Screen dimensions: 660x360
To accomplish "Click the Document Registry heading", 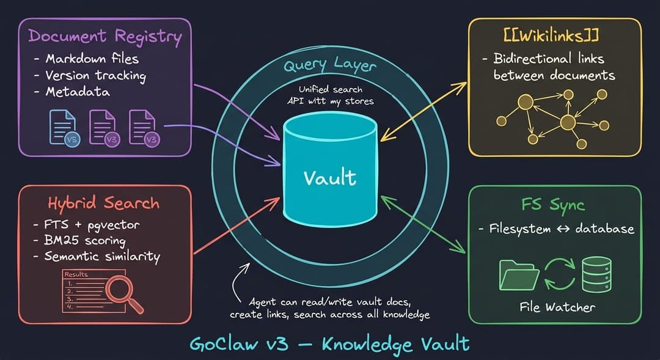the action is coord(105,36).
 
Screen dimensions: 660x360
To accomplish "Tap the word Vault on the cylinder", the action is coord(330,177).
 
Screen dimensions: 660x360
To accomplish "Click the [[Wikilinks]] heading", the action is coord(551,35).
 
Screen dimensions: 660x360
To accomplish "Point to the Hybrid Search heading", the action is coord(103,204).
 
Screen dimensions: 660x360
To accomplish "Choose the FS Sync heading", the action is coord(553,205).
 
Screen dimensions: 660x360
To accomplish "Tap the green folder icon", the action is coord(519,275).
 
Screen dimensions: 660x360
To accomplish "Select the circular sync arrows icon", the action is coord(560,274).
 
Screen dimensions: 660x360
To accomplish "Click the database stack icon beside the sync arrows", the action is coord(596,274).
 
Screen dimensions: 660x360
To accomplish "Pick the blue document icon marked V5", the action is coord(64,128).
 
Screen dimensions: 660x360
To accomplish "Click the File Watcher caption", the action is coord(557,307).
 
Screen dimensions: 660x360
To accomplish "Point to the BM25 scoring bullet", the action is coord(84,240).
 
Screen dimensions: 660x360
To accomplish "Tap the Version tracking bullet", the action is coord(95,76).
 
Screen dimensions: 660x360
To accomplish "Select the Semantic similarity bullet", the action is coord(102,257).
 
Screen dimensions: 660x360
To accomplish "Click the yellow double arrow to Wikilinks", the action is coord(424,112).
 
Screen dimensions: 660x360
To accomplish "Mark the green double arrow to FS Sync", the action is coord(423,224).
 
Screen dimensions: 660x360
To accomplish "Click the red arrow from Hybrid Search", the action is coord(237,226).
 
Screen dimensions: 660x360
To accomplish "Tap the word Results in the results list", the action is coord(76,274).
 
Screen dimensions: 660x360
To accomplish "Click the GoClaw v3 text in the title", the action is coord(239,344).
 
